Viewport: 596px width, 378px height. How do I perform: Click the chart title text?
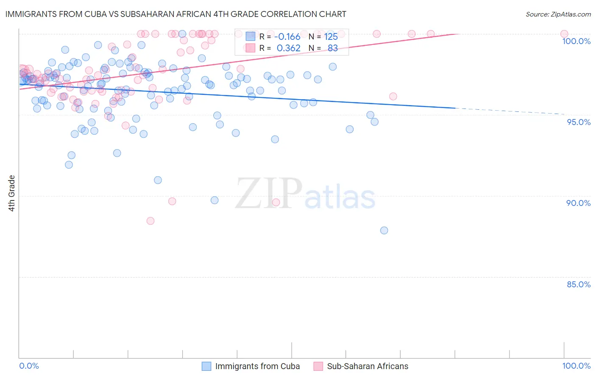pyautogui.click(x=176, y=14)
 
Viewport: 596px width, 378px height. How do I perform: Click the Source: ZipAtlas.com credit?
pyautogui.click(x=558, y=14)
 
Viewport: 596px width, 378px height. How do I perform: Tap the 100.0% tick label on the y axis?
pyautogui.click(x=576, y=41)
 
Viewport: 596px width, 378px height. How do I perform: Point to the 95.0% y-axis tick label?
pyautogui.click(x=579, y=122)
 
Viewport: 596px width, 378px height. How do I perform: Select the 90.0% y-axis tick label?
pyautogui.click(x=578, y=203)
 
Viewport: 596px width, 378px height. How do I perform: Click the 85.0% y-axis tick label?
pyautogui.click(x=579, y=284)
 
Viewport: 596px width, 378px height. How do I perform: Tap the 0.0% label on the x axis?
pyautogui.click(x=29, y=366)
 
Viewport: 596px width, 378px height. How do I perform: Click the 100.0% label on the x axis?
pyautogui.click(x=576, y=366)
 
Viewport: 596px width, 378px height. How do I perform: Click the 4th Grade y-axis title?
pyautogui.click(x=12, y=193)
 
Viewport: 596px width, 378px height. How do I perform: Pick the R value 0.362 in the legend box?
pyautogui.click(x=288, y=48)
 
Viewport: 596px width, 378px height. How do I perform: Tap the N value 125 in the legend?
pyautogui.click(x=331, y=36)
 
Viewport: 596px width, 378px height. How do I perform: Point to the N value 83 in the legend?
pyautogui.click(x=333, y=48)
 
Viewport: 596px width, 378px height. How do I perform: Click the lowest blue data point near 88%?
pyautogui.click(x=384, y=231)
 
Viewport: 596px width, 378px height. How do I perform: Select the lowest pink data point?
pyautogui.click(x=150, y=221)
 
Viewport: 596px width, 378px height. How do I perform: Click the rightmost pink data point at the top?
pyautogui.click(x=564, y=34)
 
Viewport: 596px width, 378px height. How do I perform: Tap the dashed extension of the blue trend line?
pyautogui.click(x=509, y=111)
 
